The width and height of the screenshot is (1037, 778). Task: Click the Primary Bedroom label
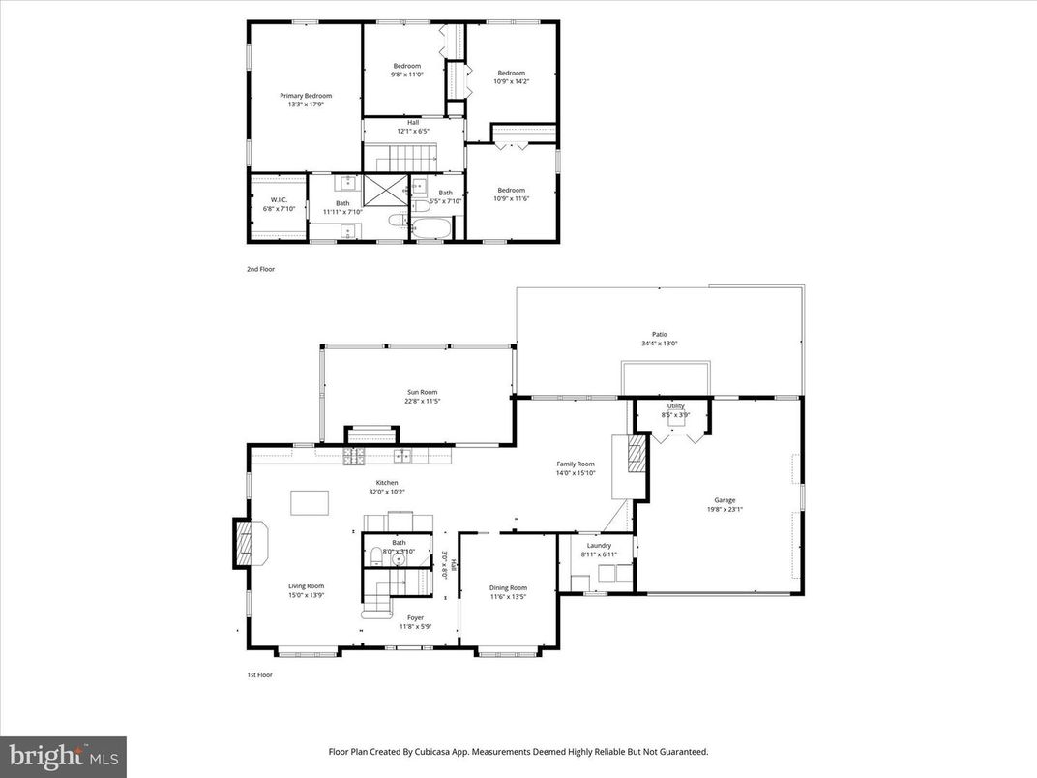(x=306, y=96)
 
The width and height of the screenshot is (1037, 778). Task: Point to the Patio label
(x=659, y=335)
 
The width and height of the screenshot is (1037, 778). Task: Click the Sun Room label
(x=421, y=392)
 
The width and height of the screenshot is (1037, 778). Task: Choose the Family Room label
(x=575, y=464)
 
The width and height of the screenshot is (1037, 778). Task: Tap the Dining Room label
(x=508, y=587)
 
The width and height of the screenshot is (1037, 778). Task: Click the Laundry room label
(x=598, y=546)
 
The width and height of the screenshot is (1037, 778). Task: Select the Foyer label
(x=414, y=617)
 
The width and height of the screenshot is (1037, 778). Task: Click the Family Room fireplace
(x=636, y=455)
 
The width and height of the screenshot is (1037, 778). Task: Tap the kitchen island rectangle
(x=310, y=503)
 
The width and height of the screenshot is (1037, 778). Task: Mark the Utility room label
(x=675, y=406)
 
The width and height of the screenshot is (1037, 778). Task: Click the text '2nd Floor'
(x=260, y=269)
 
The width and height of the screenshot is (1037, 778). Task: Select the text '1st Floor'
(x=259, y=674)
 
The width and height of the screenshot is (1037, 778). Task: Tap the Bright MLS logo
(x=63, y=755)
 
